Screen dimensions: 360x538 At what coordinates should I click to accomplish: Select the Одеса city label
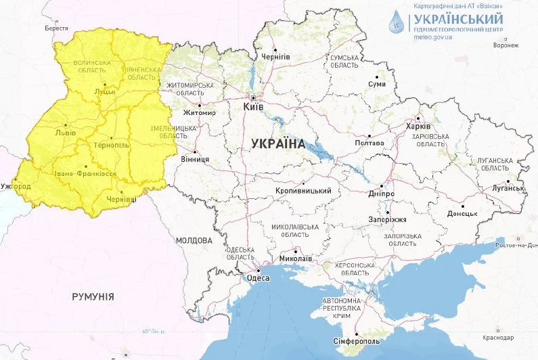tap(258, 277)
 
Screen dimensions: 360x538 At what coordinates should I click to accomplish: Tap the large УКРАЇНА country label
tap(278, 143)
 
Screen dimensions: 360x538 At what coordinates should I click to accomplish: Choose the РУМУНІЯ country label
tap(93, 296)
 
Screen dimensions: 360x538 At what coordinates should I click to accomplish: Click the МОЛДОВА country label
tap(194, 240)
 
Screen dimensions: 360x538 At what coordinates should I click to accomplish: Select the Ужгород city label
tap(16, 186)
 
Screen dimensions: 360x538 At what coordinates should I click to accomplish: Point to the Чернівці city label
tap(122, 199)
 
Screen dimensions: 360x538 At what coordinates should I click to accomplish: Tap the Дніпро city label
tap(382, 194)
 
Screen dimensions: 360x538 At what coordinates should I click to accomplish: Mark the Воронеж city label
tap(506, 46)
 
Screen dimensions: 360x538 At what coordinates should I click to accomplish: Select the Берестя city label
tap(56, 28)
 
